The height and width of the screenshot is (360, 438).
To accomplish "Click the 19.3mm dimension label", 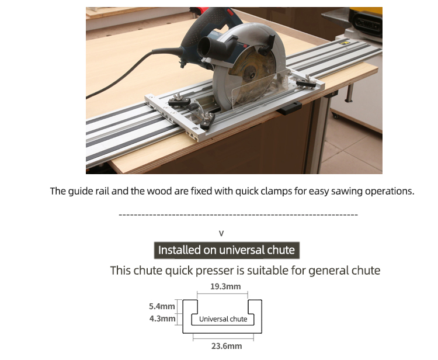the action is tap(225, 286).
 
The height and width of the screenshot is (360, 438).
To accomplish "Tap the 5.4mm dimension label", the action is tap(162, 306).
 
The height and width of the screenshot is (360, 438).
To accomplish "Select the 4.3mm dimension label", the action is tap(162, 319).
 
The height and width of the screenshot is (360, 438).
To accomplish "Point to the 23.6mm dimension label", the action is tap(227, 346).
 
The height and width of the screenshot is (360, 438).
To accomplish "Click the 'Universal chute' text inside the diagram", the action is tap(223, 319).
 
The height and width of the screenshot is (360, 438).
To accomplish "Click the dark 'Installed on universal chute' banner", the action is tap(227, 250).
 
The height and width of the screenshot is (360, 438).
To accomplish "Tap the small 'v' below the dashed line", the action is tap(221, 233).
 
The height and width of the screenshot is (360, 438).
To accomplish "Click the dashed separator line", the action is tap(238, 215).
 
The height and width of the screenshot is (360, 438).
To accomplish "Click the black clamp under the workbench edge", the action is tap(289, 108).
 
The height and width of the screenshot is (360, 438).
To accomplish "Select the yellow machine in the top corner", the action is tap(366, 22).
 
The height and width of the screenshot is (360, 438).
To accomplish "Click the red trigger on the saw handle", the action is tap(230, 12).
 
